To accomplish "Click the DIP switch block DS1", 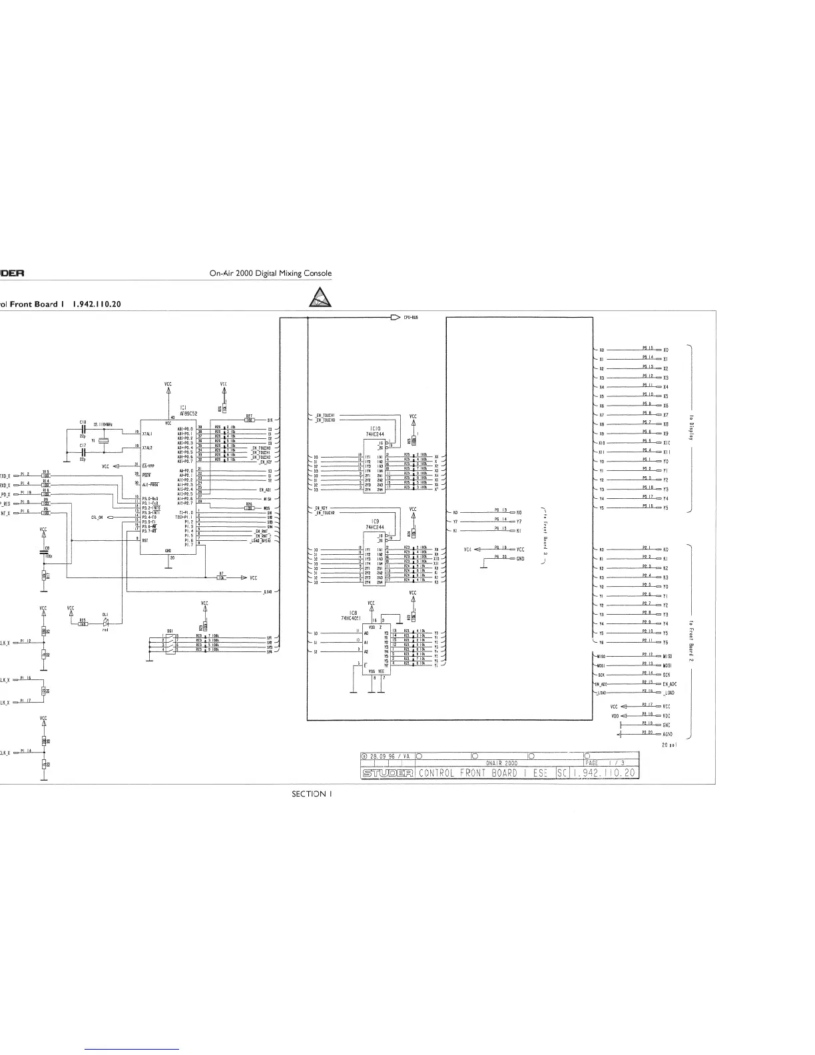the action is click(171, 643).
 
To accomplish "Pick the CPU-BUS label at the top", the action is click(409, 318).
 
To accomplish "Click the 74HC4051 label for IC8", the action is click(350, 618).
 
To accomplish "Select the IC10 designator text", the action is click(376, 428).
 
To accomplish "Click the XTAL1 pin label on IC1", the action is click(148, 432).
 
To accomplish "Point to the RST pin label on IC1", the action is click(145, 540).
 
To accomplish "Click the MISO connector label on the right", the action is click(667, 656).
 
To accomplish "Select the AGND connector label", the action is click(667, 733).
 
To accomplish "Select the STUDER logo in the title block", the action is click(388, 773).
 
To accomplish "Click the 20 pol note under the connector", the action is click(670, 745).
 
